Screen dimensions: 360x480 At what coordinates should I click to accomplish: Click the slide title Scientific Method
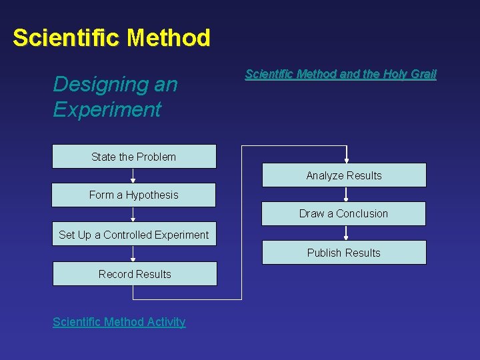111,37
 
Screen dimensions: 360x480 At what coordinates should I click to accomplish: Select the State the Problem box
134,157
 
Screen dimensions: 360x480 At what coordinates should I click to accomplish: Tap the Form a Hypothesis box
134,195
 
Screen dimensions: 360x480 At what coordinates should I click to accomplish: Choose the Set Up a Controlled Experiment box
134,234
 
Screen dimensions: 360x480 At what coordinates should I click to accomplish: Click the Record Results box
135,273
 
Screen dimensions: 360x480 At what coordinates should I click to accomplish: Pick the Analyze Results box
343,175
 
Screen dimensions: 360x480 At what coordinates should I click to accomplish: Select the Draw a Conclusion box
343,213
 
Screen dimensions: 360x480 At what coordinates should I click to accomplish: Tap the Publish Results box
343,253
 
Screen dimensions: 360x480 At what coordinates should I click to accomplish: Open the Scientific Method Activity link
119,322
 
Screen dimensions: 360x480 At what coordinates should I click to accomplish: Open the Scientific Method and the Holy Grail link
340,74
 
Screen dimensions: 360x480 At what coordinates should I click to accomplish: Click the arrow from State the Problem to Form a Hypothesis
133,176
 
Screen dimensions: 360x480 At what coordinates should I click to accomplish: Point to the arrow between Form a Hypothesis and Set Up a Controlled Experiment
133,215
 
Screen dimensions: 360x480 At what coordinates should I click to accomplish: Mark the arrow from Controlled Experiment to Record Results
133,254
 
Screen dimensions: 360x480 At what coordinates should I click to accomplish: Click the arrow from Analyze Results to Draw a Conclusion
346,195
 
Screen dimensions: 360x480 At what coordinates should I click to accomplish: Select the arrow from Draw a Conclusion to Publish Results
346,233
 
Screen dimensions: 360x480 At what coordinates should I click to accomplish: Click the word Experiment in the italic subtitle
107,109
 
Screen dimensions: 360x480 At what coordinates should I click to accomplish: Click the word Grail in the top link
423,74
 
